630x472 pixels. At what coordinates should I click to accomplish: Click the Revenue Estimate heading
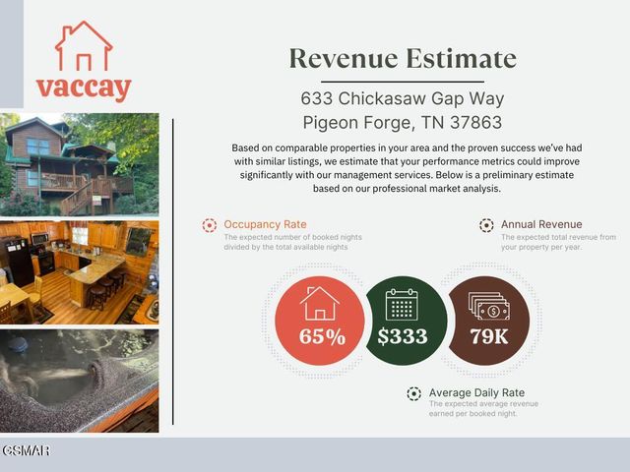[403, 58]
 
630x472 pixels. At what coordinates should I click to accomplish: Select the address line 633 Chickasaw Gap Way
[402, 99]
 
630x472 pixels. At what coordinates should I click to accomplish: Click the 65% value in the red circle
[323, 337]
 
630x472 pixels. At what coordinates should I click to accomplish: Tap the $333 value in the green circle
[402, 336]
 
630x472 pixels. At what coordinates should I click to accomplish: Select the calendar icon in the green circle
[402, 304]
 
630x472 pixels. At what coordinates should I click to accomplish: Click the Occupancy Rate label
[264, 224]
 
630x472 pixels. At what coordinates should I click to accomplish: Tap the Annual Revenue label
[541, 224]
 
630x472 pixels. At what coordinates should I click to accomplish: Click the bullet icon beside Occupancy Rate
[209, 225]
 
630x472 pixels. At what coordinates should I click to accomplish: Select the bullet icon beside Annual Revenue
[486, 225]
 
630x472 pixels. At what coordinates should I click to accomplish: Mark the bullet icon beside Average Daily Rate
[414, 394]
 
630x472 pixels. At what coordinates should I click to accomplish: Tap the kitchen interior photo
[79, 273]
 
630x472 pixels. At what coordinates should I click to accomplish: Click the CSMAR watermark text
[26, 450]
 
